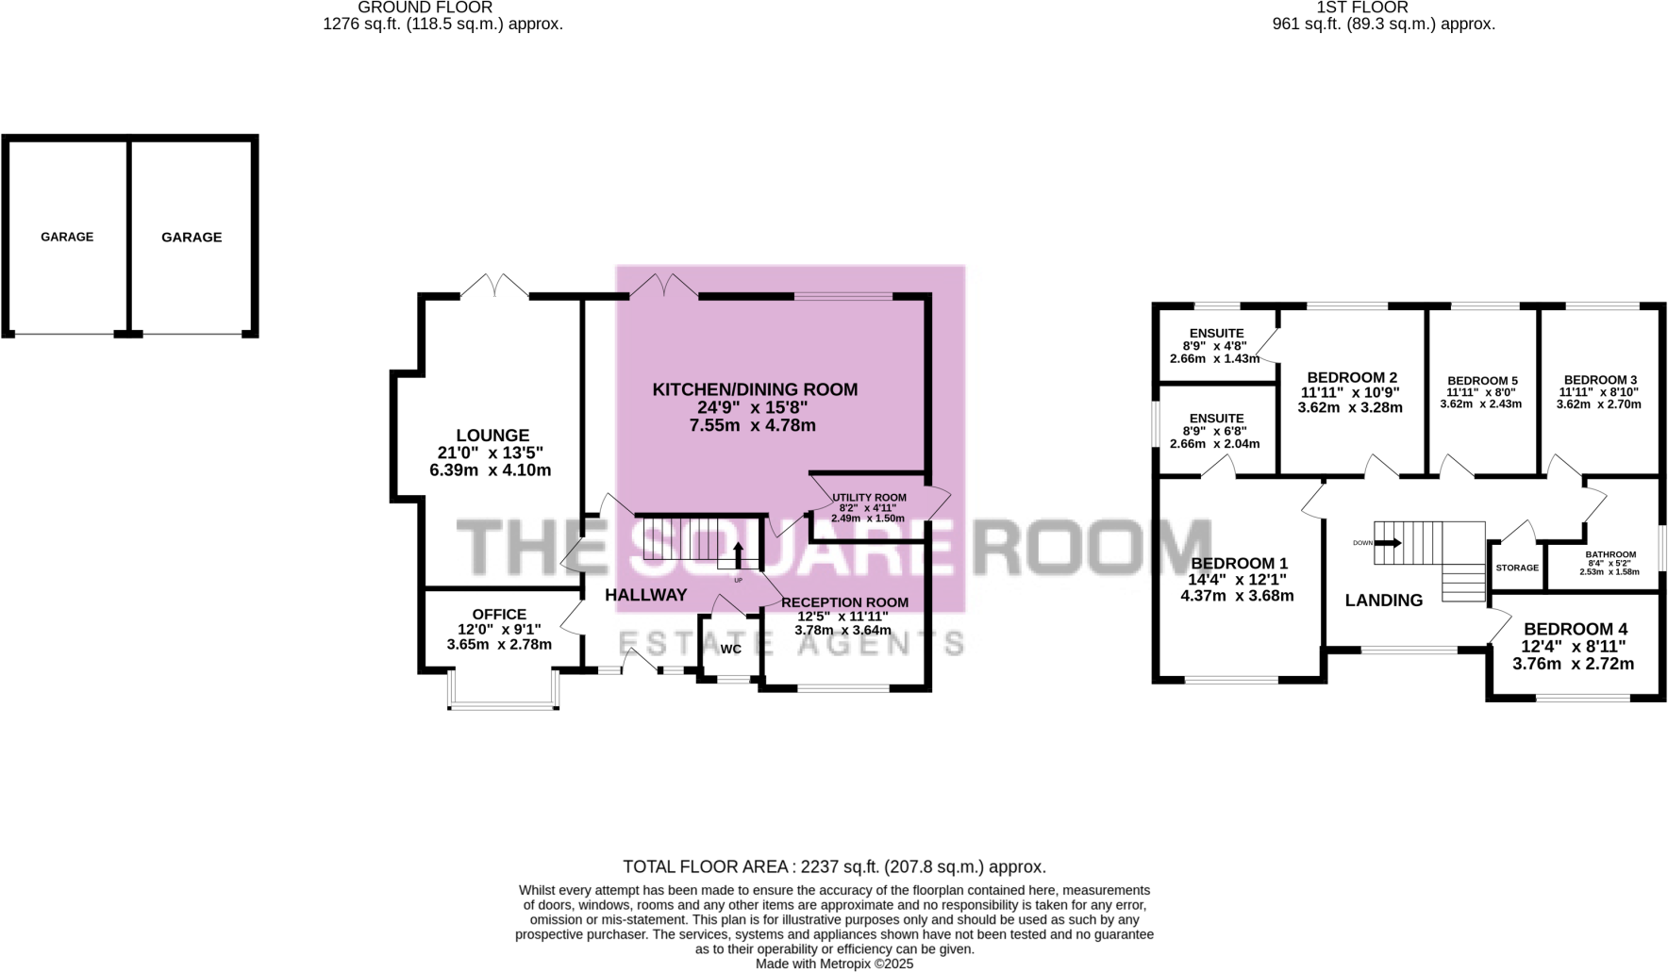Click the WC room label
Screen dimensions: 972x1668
point(730,649)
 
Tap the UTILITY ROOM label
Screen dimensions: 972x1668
point(869,498)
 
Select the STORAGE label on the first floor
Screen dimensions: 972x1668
point(1517,568)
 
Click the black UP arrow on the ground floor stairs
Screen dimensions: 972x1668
point(738,554)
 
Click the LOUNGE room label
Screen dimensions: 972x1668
point(492,436)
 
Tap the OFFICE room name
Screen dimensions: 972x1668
point(499,615)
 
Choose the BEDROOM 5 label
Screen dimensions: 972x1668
point(1482,381)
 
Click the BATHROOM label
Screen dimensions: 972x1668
point(1610,554)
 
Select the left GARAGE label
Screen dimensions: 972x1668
point(67,237)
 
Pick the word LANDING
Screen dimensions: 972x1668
point(1383,600)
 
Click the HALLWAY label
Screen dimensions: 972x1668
point(646,595)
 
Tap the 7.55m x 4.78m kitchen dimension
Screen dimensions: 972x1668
point(753,425)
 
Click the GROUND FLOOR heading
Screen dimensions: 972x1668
point(425,8)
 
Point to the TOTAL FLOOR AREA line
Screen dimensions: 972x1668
point(834,866)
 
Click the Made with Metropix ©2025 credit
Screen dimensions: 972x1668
point(834,964)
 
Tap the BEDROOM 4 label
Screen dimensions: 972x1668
point(1576,629)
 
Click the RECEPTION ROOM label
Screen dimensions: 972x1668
point(844,602)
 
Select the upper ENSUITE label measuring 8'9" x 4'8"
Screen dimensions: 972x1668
point(1216,334)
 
